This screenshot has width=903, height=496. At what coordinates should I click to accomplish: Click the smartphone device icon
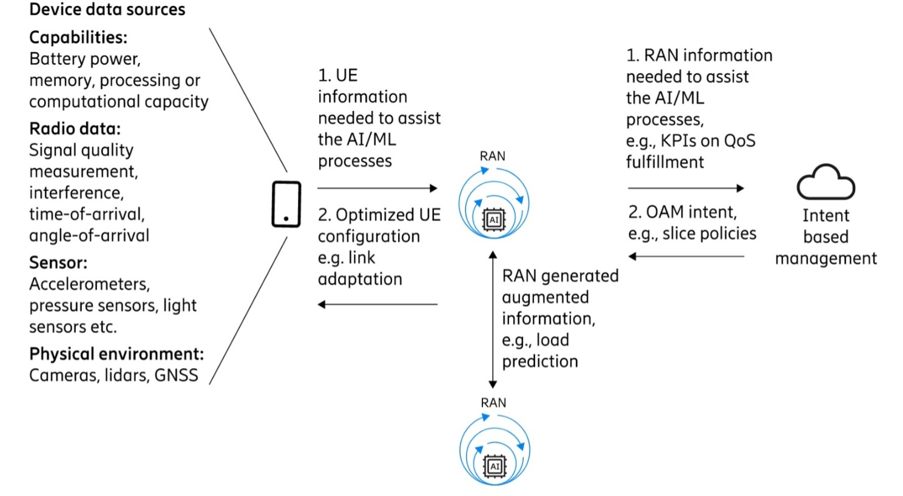point(286,204)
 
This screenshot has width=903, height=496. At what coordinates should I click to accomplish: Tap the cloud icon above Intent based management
point(825,183)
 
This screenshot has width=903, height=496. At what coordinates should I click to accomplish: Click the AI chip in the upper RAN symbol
point(494,220)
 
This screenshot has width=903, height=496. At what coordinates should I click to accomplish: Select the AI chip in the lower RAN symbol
point(495,466)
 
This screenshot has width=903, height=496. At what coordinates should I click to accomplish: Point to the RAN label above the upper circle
point(492,156)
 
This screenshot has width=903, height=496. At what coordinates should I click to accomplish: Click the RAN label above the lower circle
point(493,403)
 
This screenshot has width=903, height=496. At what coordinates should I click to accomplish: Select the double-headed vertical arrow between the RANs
point(493,320)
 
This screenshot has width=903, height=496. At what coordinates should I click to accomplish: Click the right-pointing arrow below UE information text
point(377,189)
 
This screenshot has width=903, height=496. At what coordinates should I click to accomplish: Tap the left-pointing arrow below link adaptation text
point(377,304)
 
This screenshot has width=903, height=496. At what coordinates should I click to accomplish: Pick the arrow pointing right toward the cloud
point(686,189)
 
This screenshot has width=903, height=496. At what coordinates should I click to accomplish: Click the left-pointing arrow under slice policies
point(686,256)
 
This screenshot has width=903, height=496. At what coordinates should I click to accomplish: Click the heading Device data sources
point(107,10)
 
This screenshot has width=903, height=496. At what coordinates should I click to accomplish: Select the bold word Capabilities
point(78,38)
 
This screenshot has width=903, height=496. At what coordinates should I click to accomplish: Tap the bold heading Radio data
point(75,129)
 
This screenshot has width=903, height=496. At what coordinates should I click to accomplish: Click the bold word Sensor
point(58,263)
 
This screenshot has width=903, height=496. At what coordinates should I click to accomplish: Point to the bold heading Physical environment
point(117,354)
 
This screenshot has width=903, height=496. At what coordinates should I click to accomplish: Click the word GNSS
point(176,375)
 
